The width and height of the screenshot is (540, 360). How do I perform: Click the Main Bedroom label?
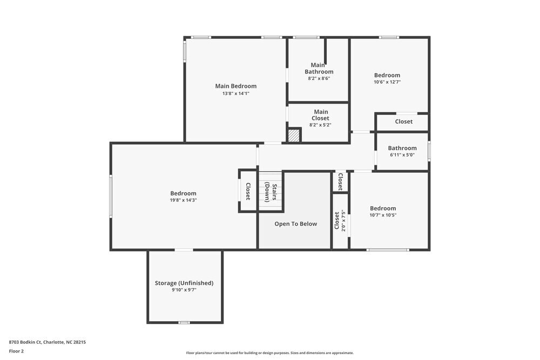[x=235, y=86]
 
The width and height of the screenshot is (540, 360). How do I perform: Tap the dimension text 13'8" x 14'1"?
[x=235, y=93]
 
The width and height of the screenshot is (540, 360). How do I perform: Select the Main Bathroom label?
[x=319, y=69]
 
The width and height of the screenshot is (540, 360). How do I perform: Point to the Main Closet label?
[x=320, y=115]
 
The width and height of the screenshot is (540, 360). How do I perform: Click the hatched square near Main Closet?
[x=293, y=135]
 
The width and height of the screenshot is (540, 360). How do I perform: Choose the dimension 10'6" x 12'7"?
[x=387, y=82]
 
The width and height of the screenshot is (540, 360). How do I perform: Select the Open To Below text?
[x=295, y=224]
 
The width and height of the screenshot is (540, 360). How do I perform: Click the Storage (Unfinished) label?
[x=184, y=283]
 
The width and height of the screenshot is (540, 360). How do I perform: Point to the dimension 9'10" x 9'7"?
[x=184, y=290]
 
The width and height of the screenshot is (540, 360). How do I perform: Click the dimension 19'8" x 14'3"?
[x=183, y=200]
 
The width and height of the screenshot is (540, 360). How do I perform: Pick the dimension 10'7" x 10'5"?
[x=382, y=215]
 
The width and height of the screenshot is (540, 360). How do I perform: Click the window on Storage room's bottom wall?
[x=184, y=322]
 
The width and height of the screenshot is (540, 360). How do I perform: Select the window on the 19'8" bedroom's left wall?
[x=111, y=196]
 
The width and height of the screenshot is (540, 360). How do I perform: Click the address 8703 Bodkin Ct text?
[x=47, y=342]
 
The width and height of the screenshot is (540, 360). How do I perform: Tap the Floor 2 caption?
[x=16, y=351]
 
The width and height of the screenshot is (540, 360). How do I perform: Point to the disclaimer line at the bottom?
[x=270, y=353]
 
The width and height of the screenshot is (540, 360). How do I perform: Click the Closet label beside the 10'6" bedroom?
[x=403, y=122]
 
